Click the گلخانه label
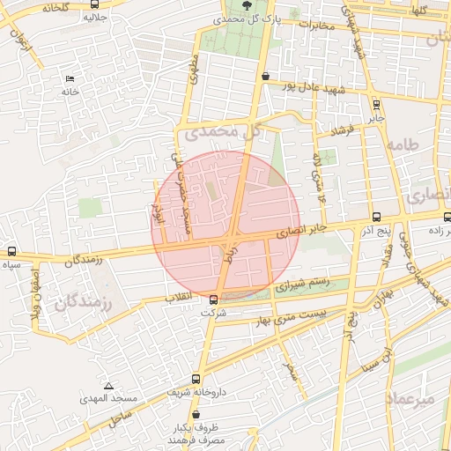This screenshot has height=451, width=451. [x=54, y=7]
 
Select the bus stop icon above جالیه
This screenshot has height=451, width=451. [x=95, y=4]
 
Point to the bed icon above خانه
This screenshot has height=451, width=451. [x=70, y=79]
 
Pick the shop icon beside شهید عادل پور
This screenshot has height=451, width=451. [x=266, y=77]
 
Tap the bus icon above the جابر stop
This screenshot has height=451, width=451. [x=376, y=104]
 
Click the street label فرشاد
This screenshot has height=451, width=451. [x=341, y=129]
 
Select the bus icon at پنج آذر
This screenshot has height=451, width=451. [x=377, y=217]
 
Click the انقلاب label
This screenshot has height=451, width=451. [x=181, y=298]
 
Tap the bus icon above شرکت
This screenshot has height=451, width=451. [x=213, y=299]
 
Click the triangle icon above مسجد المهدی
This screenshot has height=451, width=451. [x=108, y=386]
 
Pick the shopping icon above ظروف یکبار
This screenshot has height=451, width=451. [x=195, y=414]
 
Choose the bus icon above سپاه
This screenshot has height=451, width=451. [x=11, y=251]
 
